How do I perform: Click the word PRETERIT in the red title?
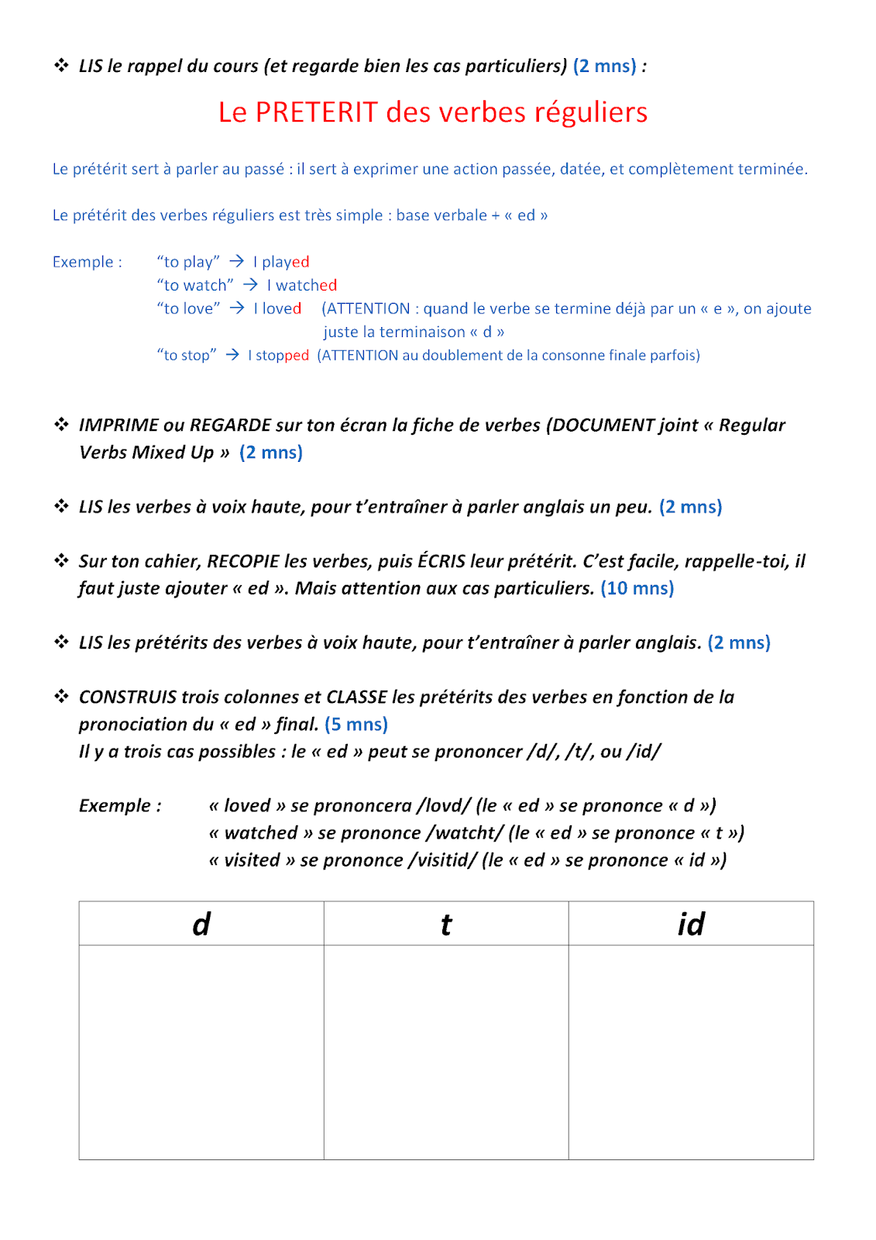316,112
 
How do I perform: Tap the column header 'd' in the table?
201,924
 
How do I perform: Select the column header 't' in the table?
446,924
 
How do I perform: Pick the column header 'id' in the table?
691,924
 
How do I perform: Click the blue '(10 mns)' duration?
637,588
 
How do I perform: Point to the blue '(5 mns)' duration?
356,724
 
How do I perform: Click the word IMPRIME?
119,425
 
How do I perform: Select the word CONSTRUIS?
128,697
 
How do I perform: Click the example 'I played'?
281,262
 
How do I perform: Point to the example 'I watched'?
301,285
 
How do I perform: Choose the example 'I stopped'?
278,355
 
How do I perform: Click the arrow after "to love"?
237,308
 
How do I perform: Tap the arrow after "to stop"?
232,354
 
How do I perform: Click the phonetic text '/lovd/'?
444,806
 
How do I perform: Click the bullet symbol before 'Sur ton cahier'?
61,560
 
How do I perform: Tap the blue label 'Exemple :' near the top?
88,262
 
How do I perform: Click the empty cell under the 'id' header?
691,1052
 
